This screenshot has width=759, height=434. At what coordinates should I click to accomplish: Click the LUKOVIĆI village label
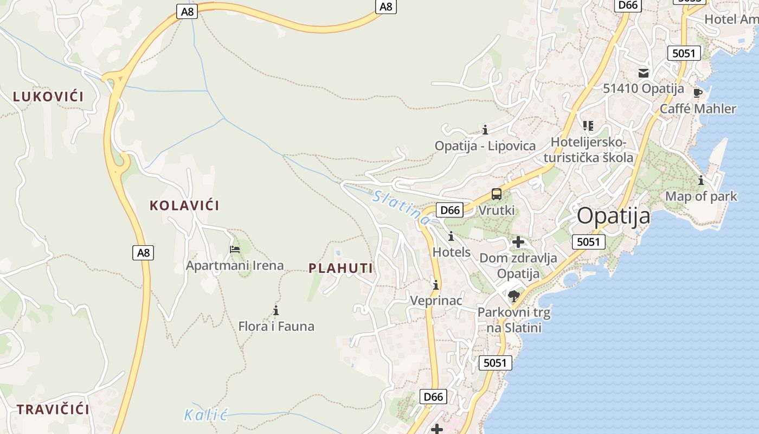[48, 97]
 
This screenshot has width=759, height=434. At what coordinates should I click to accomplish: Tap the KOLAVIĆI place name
[184, 206]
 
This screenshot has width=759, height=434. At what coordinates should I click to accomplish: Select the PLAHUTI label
[341, 268]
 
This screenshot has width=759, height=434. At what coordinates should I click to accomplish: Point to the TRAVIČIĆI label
[53, 410]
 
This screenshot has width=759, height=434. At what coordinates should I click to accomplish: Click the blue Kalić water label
[205, 416]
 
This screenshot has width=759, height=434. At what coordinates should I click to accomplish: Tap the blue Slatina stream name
[401, 207]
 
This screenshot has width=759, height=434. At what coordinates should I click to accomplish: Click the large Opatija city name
[613, 216]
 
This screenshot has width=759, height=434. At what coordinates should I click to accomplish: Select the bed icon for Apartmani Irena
[235, 250]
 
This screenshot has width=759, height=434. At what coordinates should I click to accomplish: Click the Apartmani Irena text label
[235, 265]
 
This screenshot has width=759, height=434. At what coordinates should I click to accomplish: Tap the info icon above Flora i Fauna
[276, 310]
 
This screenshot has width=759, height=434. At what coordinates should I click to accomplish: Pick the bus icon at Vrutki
[497, 194]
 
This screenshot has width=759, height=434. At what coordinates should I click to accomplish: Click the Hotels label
[452, 252]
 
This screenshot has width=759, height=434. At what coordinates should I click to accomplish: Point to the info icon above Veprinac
[436, 285]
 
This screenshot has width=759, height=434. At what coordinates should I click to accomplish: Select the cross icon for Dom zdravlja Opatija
[518, 242]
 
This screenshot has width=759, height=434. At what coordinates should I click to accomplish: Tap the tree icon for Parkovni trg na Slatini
[514, 296]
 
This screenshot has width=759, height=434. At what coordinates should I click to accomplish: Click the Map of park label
[701, 196]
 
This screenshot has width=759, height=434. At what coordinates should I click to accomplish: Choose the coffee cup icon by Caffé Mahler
[698, 93]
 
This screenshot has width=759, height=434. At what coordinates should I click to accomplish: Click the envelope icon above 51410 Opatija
[644, 73]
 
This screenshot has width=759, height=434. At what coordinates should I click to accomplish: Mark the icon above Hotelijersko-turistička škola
[588, 126]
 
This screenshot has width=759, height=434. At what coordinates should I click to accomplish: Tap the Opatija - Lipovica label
[485, 146]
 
